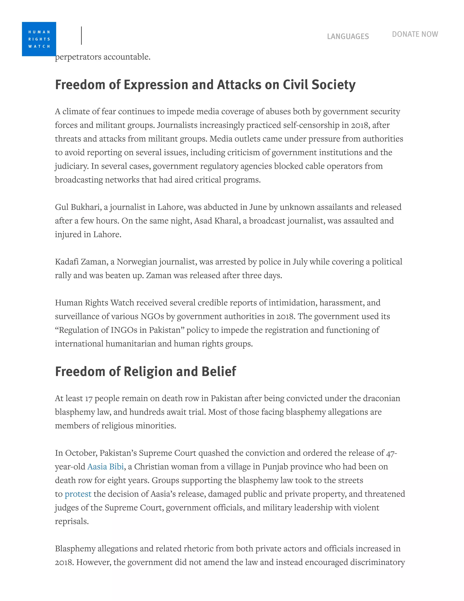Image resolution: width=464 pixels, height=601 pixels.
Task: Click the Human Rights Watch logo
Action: pos(39,39)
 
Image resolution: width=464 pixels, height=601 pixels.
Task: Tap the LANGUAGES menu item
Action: pos(348,36)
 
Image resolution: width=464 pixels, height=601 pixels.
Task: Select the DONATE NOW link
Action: pos(415,34)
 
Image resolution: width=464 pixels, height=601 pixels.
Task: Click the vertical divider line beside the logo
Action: pos(81,36)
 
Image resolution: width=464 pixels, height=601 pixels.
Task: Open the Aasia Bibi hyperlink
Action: pos(106,467)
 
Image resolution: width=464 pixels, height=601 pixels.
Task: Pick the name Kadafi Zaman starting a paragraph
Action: pos(80,262)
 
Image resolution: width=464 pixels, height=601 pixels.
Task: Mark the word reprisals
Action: pos(72,521)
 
